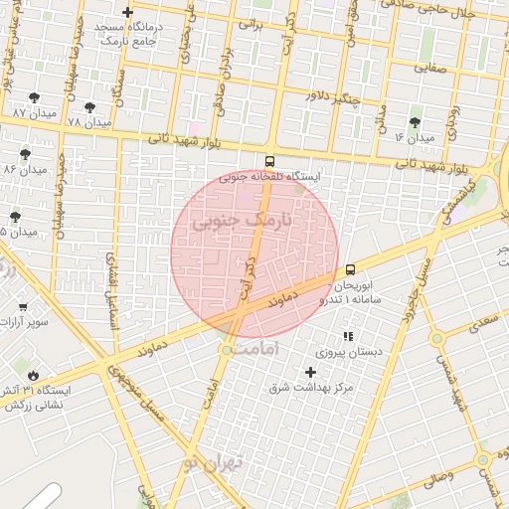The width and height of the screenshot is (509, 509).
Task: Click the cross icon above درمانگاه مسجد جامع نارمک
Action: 127,12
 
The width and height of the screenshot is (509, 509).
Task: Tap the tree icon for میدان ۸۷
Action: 35,97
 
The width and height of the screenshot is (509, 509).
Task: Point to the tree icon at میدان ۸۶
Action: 25,154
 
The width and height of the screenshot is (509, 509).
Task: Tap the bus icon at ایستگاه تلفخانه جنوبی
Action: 269,161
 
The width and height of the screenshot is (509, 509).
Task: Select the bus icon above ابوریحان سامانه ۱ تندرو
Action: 350,269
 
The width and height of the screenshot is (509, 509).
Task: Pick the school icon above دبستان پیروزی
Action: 347,336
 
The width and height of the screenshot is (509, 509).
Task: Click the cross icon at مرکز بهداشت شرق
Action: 310,371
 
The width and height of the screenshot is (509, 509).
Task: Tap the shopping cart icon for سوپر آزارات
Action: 23,307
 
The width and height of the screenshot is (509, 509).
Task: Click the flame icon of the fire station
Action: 34,376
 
